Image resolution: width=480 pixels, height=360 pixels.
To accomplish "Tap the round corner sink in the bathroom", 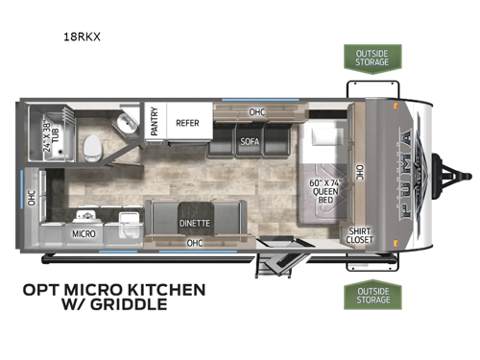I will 124,124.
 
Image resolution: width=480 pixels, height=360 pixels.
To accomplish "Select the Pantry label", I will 155,123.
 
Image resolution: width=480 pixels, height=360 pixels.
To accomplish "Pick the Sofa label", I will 250,142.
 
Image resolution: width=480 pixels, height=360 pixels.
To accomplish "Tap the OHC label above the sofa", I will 256,110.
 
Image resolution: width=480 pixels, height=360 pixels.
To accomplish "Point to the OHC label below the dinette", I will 195,243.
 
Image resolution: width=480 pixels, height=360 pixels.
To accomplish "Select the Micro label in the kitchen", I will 82,232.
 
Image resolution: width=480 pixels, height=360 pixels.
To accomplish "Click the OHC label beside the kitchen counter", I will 31,198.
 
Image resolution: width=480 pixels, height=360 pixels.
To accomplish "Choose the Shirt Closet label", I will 359,235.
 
